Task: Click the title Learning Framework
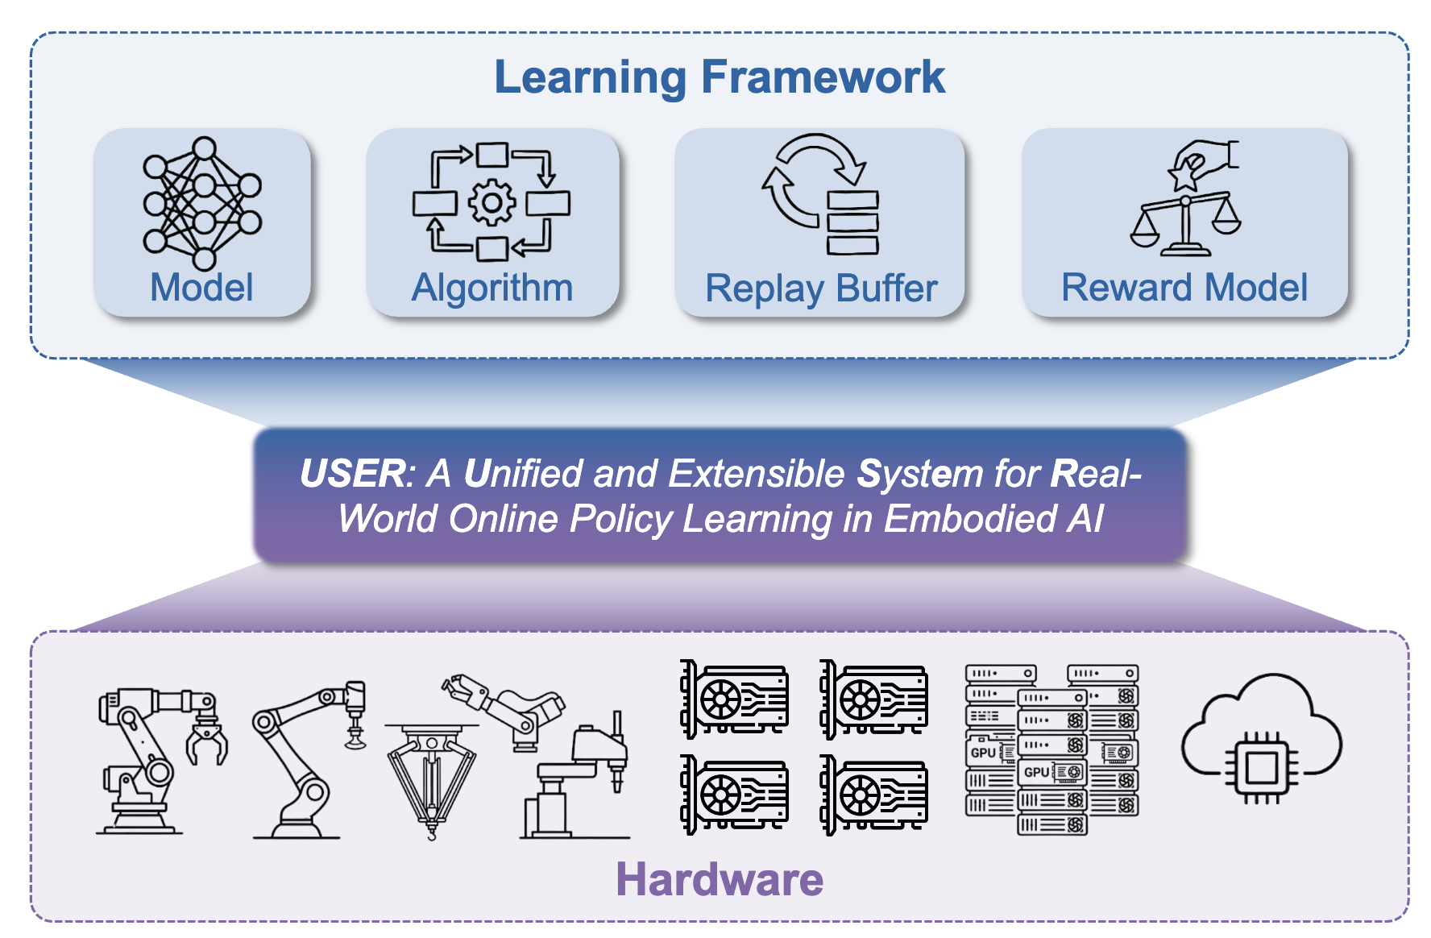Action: click(x=719, y=77)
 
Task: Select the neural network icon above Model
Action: click(x=202, y=203)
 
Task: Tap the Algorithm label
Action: click(x=492, y=288)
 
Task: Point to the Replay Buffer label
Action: click(x=821, y=288)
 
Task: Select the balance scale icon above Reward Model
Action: click(x=1185, y=222)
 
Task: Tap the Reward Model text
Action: click(x=1184, y=288)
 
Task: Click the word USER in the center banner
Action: click(x=352, y=474)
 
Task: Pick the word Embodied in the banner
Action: click(x=969, y=519)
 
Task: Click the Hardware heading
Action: click(x=719, y=879)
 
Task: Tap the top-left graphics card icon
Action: click(x=734, y=699)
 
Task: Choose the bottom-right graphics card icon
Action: click(x=873, y=794)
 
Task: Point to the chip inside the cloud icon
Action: click(x=1262, y=766)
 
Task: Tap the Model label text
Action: click(x=201, y=288)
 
